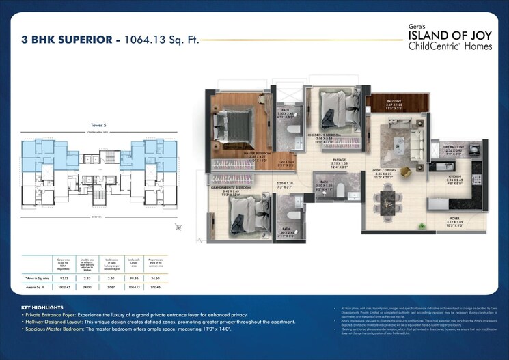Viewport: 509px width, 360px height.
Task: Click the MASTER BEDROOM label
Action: (241, 154)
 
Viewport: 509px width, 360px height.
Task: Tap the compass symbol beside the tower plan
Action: (178, 227)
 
